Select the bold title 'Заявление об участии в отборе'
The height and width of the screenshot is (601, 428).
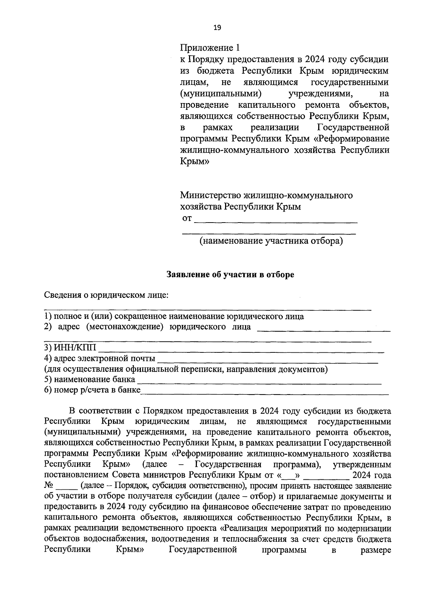click(x=231, y=275)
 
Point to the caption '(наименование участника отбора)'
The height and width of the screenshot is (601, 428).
click(x=271, y=241)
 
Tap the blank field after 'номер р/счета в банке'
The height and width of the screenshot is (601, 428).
click(x=265, y=391)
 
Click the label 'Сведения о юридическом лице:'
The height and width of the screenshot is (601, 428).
click(x=106, y=295)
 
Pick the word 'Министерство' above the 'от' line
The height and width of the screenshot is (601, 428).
click(x=210, y=195)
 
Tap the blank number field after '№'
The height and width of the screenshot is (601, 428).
click(x=66, y=487)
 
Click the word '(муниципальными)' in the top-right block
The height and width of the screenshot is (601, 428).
click(x=219, y=94)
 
